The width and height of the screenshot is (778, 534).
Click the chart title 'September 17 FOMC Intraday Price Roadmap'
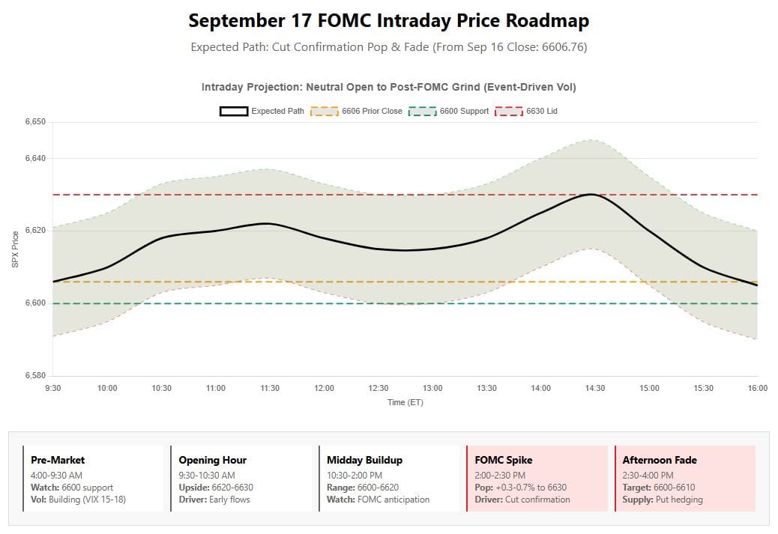388,20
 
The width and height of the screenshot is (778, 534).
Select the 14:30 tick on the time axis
595,388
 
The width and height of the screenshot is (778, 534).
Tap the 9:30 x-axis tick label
53,388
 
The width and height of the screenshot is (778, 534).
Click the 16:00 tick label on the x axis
757,388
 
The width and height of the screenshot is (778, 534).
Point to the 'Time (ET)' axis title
405,402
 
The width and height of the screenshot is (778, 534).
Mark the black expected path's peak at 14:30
591,195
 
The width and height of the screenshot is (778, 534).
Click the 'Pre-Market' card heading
58,460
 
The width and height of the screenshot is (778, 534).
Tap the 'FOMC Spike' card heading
504,460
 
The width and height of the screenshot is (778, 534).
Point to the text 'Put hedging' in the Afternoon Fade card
678,500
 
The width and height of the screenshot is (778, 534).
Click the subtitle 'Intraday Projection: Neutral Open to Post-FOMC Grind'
388,88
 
